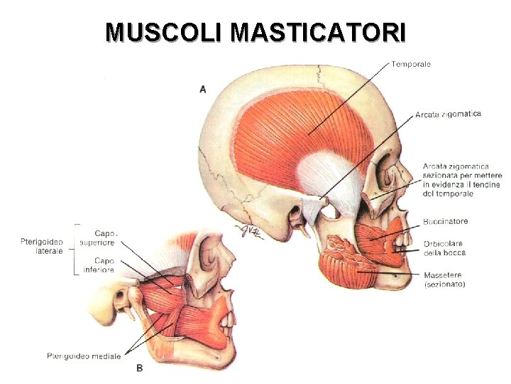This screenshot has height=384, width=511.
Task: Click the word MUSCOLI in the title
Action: (164, 32)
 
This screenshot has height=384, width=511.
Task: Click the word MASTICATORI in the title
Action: (319, 32)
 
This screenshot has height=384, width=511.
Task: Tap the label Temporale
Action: (411, 64)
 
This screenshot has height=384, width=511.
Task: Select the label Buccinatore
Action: (445, 222)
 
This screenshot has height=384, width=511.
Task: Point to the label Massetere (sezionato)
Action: (444, 279)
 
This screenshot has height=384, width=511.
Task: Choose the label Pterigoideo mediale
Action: (84, 356)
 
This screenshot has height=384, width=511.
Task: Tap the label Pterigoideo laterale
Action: (42, 246)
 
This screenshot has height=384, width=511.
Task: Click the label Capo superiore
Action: (99, 238)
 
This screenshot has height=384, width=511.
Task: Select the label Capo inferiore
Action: (99, 265)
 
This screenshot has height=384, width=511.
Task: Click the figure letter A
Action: (203, 89)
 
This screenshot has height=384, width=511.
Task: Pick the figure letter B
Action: (139, 368)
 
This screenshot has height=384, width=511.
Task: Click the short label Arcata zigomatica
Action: (448, 114)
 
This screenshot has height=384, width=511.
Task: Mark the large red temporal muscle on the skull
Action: (298, 135)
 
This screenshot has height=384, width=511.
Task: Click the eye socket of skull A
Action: (387, 174)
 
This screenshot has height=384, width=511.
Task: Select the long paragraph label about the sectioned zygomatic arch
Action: (462, 180)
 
